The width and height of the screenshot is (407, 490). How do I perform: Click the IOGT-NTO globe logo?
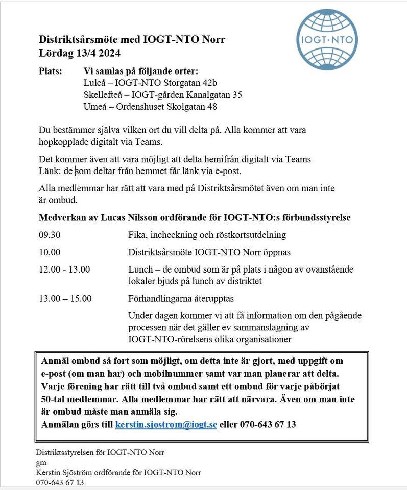(x=327, y=39)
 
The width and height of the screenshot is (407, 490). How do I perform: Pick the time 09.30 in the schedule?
(x=50, y=235)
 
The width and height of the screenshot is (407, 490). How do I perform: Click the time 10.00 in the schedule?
(x=50, y=252)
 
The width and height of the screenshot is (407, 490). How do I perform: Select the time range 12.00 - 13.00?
(x=64, y=269)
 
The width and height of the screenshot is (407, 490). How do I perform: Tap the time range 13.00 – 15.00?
(x=65, y=298)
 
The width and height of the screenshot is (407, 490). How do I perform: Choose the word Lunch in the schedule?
(x=140, y=269)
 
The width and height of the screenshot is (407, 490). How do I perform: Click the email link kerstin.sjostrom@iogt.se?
(x=166, y=424)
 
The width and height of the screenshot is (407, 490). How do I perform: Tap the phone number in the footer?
(x=60, y=482)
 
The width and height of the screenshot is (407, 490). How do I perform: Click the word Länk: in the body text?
(x=49, y=171)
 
